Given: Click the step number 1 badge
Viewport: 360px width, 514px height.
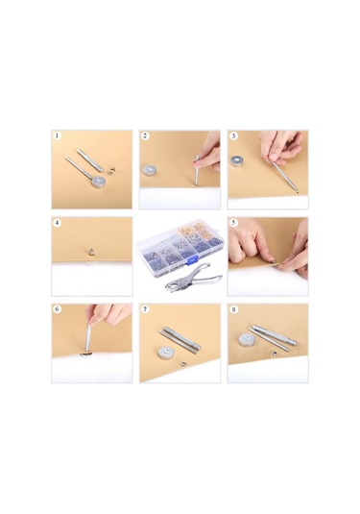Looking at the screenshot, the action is click(x=58, y=135).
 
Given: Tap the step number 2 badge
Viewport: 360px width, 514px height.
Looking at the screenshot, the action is click(x=145, y=135).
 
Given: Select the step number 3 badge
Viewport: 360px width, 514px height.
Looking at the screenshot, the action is click(x=233, y=135).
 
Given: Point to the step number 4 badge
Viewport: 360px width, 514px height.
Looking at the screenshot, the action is click(x=58, y=223).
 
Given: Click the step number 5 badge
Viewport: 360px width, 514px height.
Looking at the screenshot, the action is click(x=233, y=223).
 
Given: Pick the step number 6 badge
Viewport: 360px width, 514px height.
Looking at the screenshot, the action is click(x=58, y=309).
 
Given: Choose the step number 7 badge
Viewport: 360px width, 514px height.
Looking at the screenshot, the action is click(x=145, y=309).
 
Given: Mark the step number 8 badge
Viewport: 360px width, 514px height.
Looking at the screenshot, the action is click(x=233, y=309).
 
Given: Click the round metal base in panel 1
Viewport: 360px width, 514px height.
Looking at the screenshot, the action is click(x=99, y=182).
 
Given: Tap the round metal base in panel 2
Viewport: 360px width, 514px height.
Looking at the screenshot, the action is click(x=150, y=171).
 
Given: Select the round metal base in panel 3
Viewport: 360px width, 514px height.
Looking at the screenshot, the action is click(x=237, y=161).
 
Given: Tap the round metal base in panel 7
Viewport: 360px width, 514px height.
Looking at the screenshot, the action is click(x=166, y=353).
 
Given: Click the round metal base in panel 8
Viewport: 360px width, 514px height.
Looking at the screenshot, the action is click(x=246, y=340).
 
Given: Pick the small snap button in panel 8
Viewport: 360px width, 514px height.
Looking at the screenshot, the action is click(x=273, y=353).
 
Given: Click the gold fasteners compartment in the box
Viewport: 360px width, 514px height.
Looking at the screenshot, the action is click(x=196, y=233).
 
